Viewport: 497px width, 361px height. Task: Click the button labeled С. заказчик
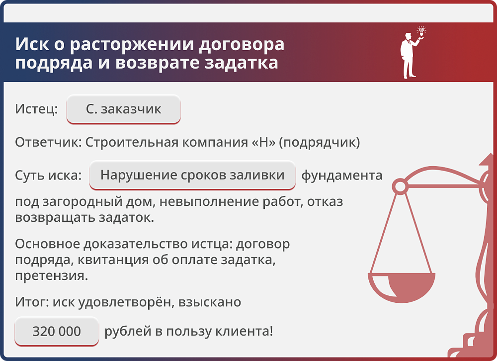123,109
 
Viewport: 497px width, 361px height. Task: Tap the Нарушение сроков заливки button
192,175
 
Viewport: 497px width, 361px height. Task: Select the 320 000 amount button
57,331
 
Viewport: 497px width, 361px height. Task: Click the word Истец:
36,109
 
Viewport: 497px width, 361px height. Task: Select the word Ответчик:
48,142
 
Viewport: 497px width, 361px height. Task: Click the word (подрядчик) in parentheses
319,142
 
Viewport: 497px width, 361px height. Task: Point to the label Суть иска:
48,175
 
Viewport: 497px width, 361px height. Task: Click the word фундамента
342,175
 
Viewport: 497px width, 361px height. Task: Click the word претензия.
51,275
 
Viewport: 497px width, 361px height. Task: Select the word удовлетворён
125,302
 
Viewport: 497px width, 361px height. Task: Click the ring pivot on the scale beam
399,186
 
